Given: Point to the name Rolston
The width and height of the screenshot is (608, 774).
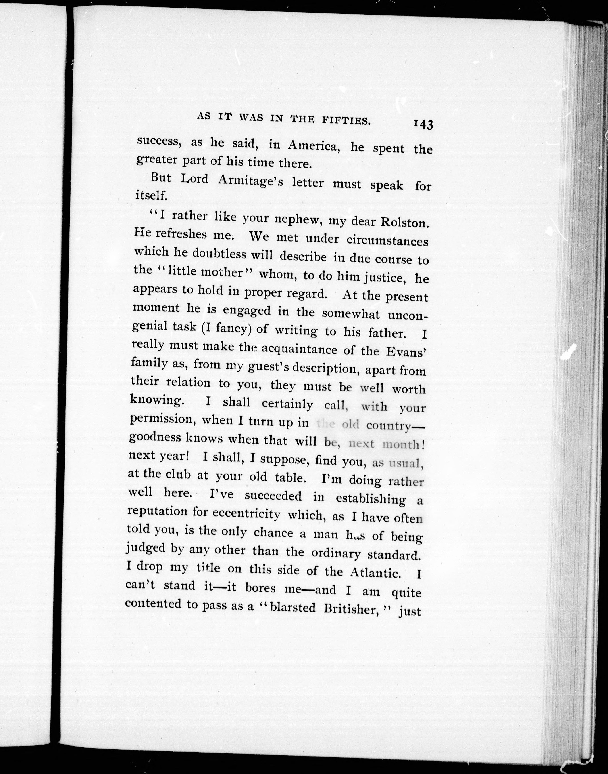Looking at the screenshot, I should point(404,222).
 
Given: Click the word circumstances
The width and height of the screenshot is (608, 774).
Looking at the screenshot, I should point(387,241).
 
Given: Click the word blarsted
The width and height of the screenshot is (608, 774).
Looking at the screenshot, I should point(293,607).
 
